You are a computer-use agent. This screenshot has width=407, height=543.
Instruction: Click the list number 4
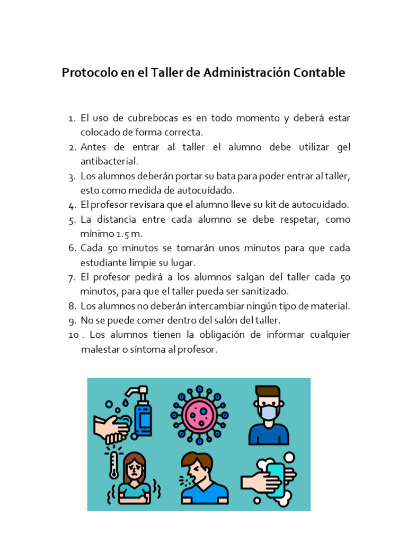point(73,205)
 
